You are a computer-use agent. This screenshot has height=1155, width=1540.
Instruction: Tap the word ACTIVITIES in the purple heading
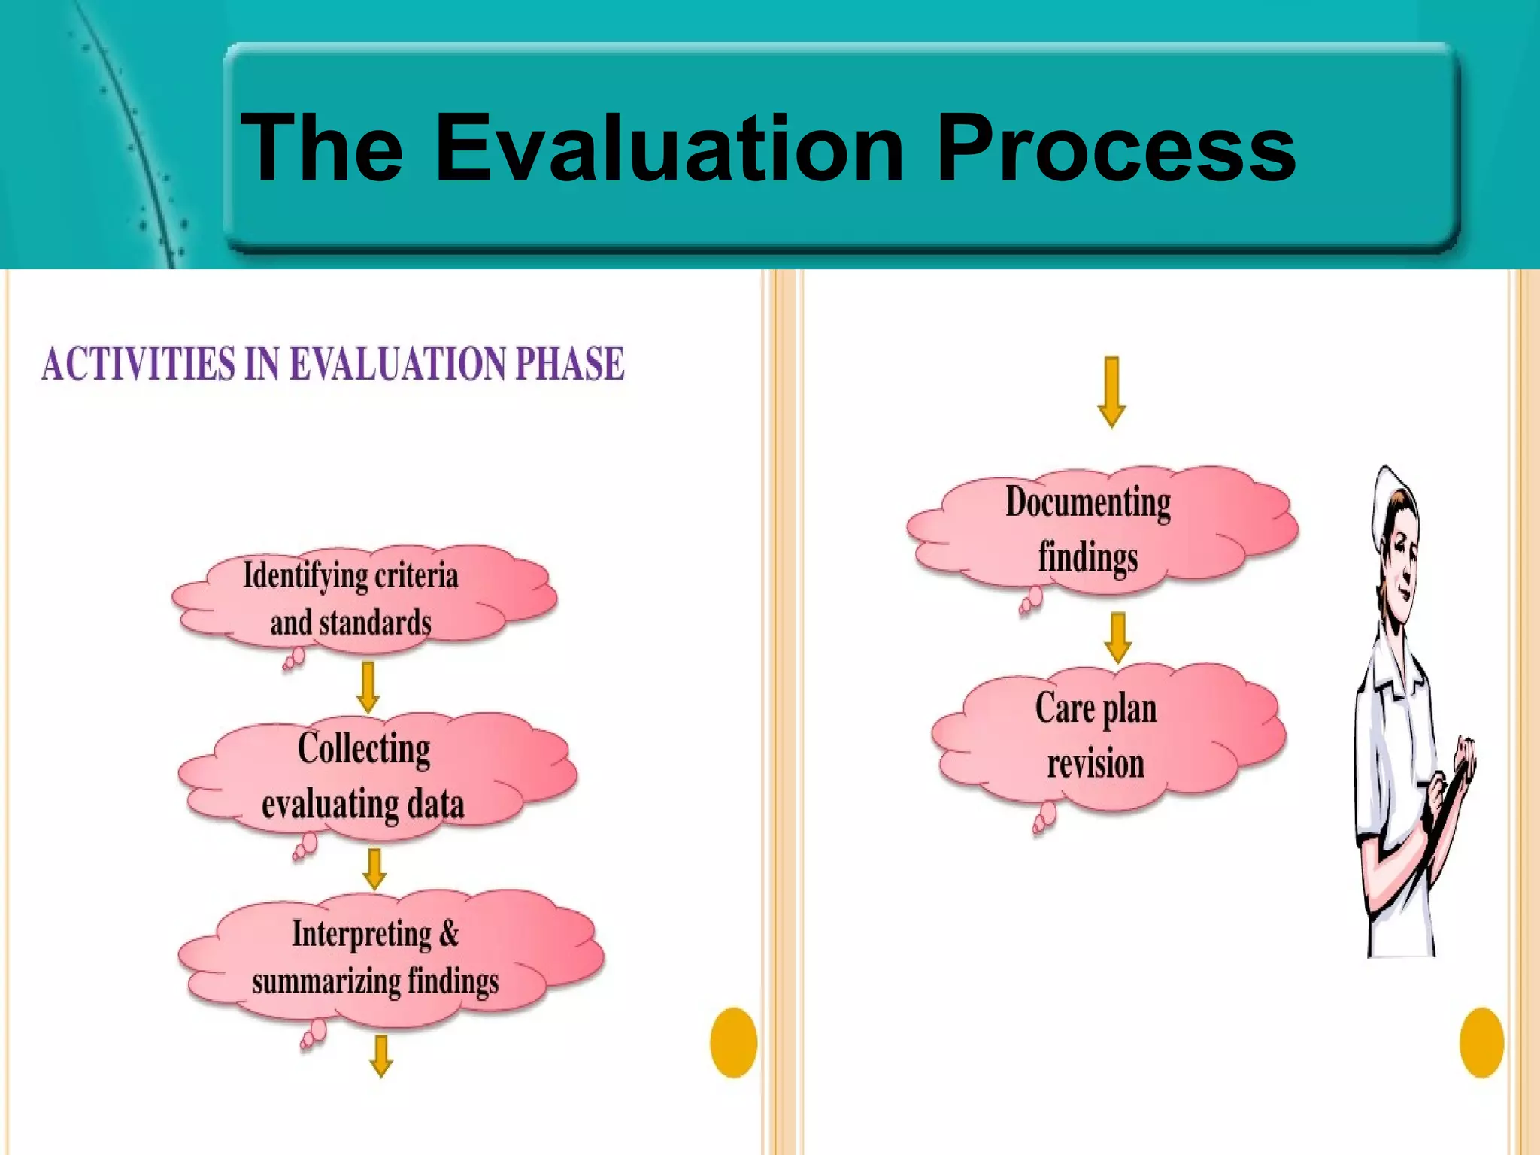pos(138,365)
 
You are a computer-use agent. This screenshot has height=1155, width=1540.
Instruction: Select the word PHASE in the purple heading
pos(569,365)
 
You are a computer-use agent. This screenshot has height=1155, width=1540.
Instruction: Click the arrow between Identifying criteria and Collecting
pos(368,687)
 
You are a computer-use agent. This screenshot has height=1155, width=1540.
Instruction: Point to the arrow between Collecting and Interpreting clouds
pos(374,869)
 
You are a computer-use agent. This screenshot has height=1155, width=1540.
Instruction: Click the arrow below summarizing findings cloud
pos(381,1056)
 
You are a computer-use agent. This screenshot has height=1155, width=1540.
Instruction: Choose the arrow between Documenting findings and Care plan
pos(1118,638)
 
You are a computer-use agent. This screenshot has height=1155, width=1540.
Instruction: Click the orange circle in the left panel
pos(733,1042)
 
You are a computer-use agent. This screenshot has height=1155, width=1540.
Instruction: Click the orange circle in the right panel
pos(1481,1042)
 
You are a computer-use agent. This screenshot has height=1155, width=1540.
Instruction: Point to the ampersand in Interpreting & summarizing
pos(448,934)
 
